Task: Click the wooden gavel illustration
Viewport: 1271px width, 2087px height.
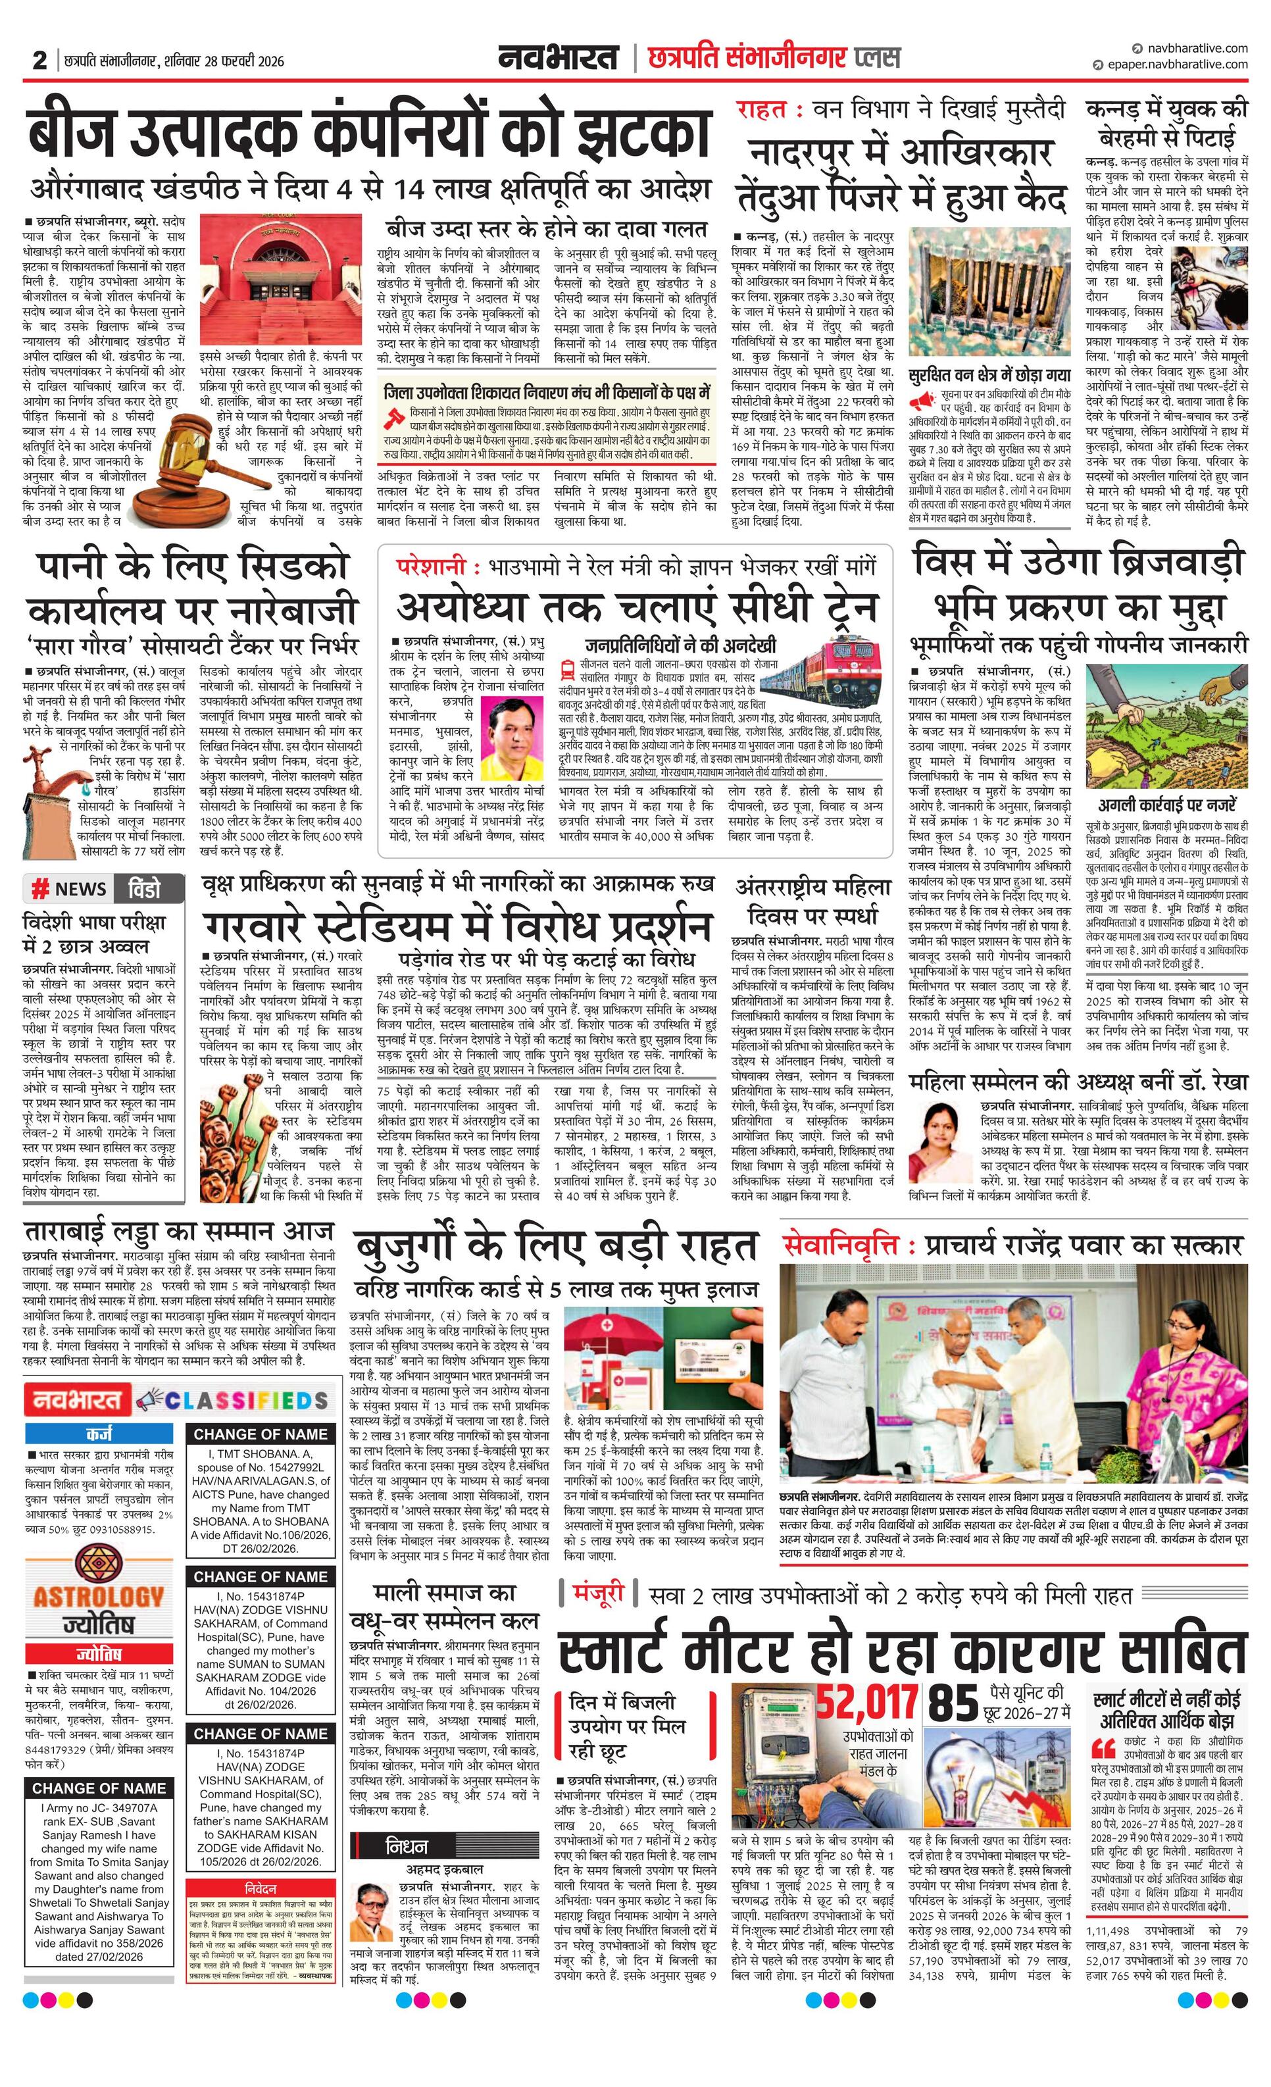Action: coord(187,463)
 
